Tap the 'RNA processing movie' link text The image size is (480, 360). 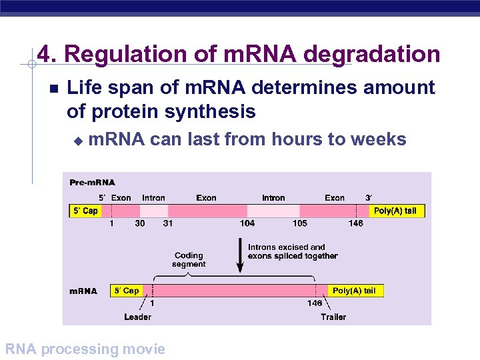[x=85, y=349]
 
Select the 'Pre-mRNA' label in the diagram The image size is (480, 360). [x=92, y=182]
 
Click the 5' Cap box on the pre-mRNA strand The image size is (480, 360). [x=85, y=211]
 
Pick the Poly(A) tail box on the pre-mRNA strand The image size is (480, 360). [x=395, y=211]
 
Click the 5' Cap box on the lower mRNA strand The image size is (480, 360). [x=126, y=291]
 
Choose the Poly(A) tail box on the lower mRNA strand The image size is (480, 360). [x=354, y=291]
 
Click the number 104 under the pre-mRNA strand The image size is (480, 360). [x=247, y=223]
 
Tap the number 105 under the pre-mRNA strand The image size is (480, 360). [x=299, y=223]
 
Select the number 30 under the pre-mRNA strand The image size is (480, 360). [x=140, y=223]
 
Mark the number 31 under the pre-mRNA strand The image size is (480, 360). [x=168, y=223]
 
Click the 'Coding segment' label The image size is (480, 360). [x=189, y=259]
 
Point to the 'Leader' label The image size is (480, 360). [x=137, y=317]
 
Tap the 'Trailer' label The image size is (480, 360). [x=333, y=317]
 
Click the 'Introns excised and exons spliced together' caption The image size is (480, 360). [x=293, y=251]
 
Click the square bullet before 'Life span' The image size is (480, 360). [x=54, y=89]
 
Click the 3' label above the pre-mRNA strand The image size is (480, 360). [x=368, y=198]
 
